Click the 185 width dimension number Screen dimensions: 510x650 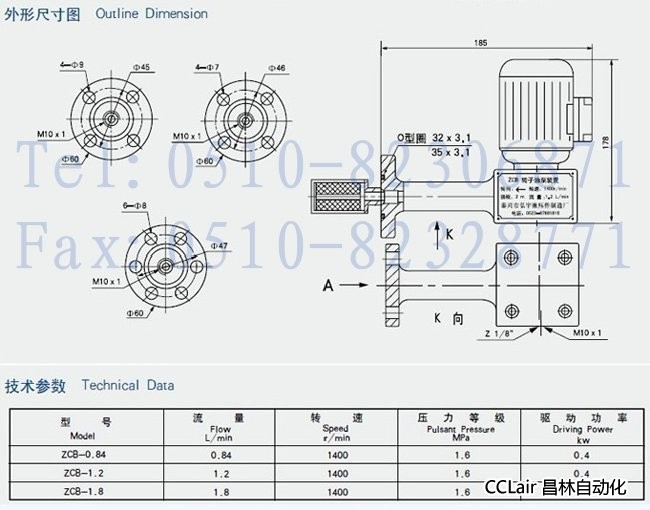point(481,43)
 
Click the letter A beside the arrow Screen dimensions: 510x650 point(327,286)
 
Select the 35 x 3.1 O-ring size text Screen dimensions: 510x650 point(450,153)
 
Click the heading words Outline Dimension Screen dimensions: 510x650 point(152,14)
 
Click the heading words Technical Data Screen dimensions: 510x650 point(127,385)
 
